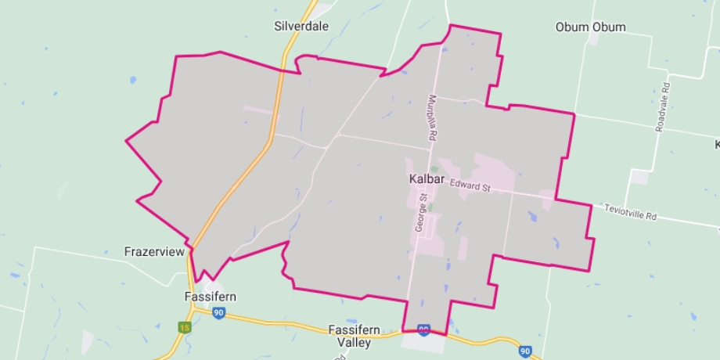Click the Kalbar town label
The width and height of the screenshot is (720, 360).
pos(427,179)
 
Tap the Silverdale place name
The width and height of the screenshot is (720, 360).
pos(301,26)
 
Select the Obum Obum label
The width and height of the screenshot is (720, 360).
pos(590,27)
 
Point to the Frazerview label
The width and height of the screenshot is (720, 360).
pos(154,252)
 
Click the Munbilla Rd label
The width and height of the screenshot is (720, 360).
pos(431,118)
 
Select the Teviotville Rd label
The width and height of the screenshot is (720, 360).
pos(630,212)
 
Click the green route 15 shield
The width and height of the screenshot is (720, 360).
pos(184,327)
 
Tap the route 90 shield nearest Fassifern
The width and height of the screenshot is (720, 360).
pos(218,312)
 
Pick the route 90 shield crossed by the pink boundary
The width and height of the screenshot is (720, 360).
pos(423,330)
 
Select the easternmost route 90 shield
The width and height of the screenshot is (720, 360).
pos(524,351)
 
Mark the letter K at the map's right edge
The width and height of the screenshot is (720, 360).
pos(717,146)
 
